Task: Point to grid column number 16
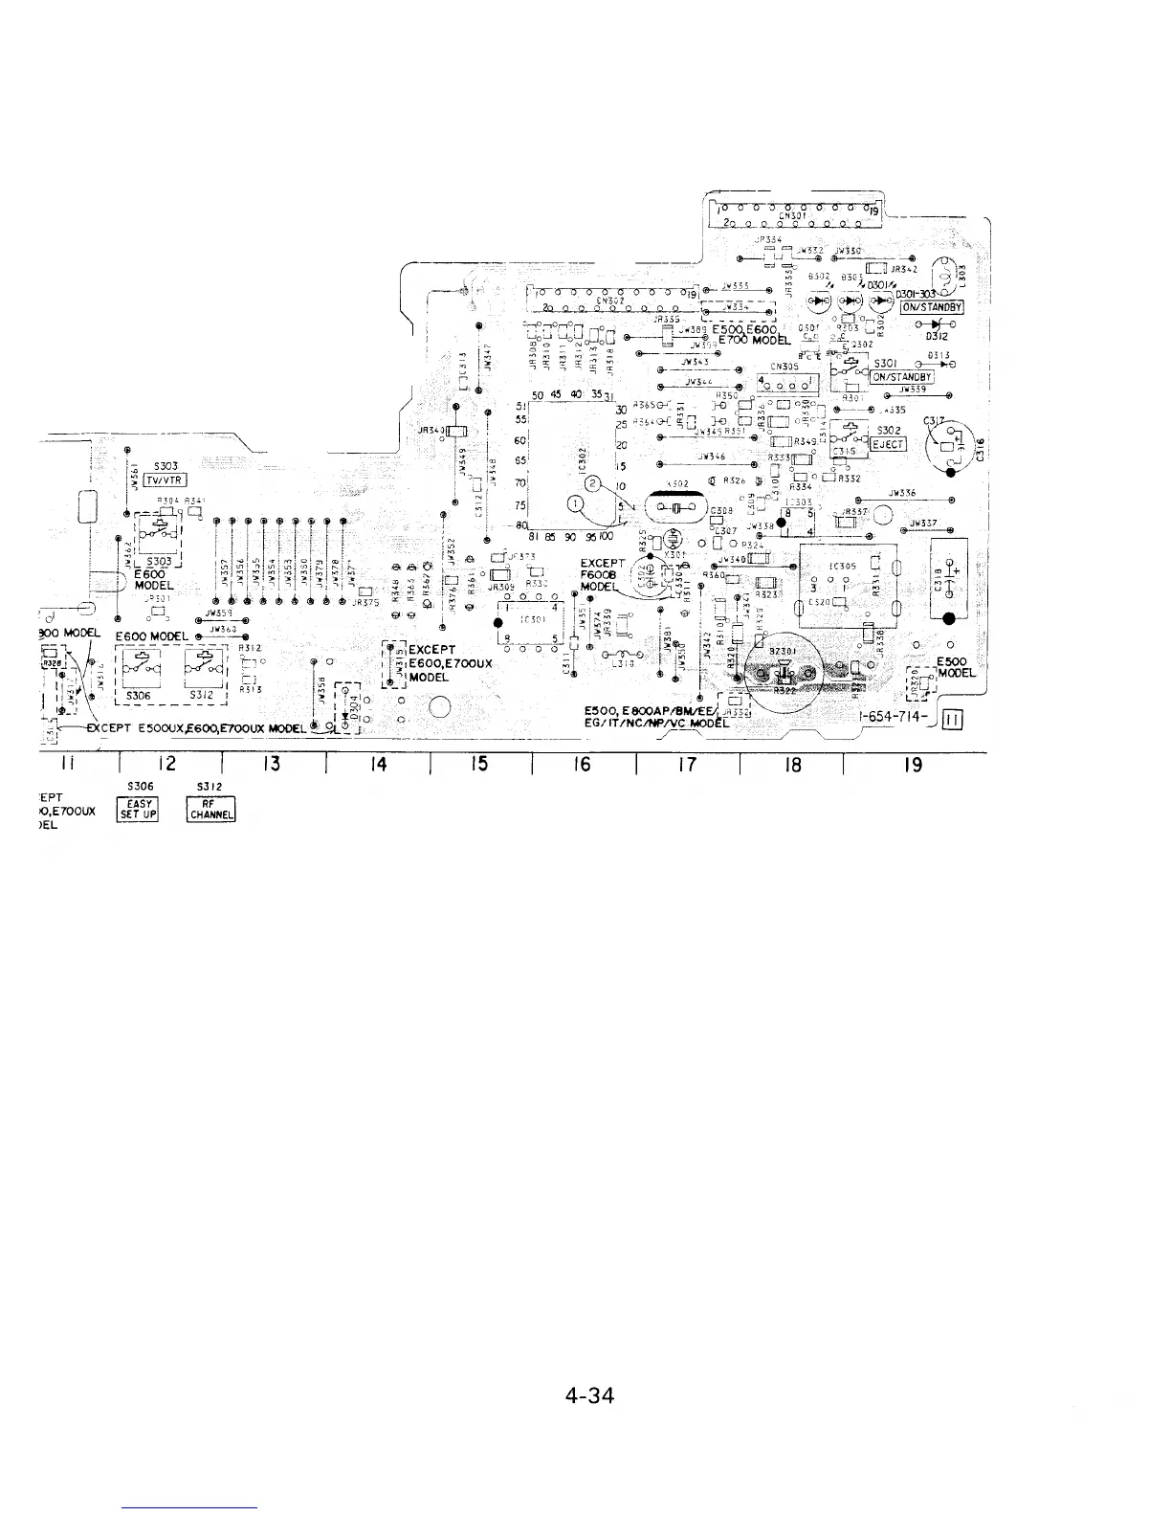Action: pos(583,764)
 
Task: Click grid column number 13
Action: pos(272,764)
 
